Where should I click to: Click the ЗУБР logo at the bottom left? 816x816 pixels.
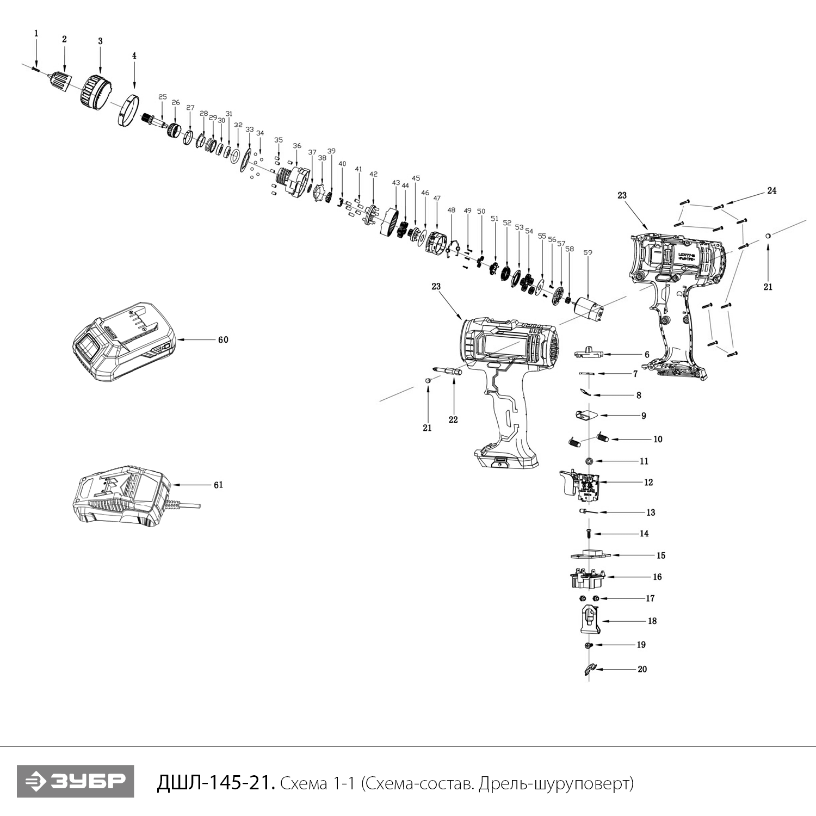point(75,782)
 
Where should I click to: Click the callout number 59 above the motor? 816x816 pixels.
point(588,252)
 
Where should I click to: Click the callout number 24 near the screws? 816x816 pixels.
point(771,190)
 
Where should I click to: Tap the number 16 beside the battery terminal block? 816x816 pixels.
point(657,577)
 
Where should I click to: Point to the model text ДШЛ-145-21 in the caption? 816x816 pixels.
point(215,783)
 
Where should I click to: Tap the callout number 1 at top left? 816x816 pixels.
point(36,34)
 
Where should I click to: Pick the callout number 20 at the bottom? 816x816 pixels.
point(642,669)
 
